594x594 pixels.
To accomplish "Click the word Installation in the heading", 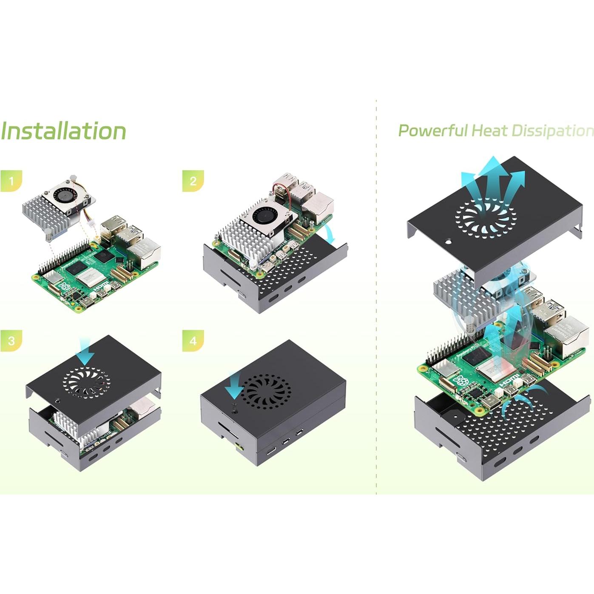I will [63, 131].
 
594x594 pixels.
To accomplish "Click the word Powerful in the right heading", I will [432, 131].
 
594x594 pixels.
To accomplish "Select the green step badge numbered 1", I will [11, 181].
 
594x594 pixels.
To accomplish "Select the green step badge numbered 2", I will [193, 181].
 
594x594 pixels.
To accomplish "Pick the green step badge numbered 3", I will [11, 341].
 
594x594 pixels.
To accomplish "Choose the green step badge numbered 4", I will [193, 341].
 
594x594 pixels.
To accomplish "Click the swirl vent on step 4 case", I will [267, 392].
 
